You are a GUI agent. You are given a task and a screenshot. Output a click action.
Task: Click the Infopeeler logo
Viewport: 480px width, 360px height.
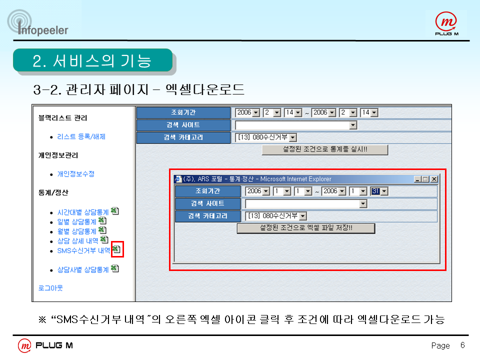coord(37,23)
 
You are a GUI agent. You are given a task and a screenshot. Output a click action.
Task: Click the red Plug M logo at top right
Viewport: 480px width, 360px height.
coord(446,23)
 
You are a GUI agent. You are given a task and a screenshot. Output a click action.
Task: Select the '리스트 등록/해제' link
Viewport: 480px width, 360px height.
coord(81,136)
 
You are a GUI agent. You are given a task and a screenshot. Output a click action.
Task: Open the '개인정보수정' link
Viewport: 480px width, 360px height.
coord(75,174)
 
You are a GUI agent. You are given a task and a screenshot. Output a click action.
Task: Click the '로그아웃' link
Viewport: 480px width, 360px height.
coord(50,288)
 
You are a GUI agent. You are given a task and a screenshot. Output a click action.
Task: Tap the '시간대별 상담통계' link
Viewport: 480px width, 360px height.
coord(83,212)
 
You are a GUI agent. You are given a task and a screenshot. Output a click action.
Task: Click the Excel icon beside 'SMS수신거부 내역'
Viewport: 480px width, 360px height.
coord(116,249)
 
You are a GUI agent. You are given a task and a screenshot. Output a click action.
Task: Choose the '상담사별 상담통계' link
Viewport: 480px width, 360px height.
coord(83,269)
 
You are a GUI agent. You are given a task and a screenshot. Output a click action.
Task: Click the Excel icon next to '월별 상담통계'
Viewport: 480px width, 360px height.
coord(102,230)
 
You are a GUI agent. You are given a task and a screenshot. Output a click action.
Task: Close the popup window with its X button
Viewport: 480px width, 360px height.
coord(434,179)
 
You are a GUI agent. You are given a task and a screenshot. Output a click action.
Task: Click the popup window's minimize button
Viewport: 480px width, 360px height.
coord(417,179)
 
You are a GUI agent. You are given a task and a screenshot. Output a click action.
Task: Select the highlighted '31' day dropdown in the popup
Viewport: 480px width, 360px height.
coord(379,191)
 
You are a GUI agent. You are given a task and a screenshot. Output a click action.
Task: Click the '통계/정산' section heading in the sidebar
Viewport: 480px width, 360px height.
coord(53,192)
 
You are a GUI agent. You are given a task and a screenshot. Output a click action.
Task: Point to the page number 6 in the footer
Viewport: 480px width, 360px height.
coord(462,345)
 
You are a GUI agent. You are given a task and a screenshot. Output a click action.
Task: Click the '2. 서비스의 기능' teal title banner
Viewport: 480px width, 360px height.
coord(93,60)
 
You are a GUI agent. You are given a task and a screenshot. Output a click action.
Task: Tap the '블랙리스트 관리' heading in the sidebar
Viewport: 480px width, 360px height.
coord(63,118)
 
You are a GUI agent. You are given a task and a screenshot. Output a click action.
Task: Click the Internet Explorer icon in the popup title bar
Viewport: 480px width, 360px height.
coord(178,179)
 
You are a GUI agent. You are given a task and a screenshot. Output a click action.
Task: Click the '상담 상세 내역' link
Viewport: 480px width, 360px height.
coord(78,241)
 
